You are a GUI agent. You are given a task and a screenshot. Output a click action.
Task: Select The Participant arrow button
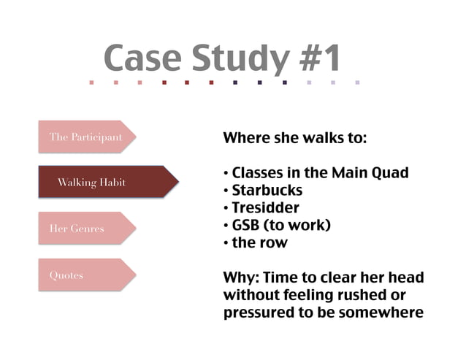click(x=86, y=137)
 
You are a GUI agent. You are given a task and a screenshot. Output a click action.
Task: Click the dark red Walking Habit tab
click(x=92, y=183)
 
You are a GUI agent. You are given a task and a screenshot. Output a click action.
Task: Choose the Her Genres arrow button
click(x=77, y=229)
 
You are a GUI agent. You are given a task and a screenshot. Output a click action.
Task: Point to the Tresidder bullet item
click(x=265, y=208)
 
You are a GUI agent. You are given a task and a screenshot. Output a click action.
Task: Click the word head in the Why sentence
click(x=405, y=278)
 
